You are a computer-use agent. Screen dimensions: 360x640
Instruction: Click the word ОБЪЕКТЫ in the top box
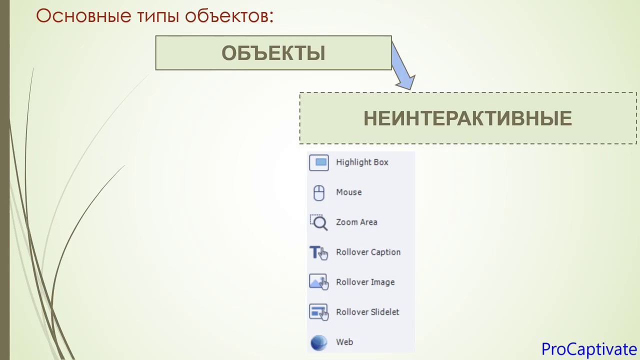[x=273, y=53]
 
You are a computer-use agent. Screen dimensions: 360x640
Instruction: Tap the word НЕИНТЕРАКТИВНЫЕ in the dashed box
[x=467, y=118]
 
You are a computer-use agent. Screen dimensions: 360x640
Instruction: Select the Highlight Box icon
[x=319, y=162]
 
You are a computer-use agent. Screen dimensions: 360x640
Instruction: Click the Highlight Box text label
[x=362, y=162]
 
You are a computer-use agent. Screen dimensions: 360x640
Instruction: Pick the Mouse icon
[x=319, y=192]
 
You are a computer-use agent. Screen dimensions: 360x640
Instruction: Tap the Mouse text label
[x=348, y=192]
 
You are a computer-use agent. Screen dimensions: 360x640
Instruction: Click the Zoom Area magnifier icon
[x=319, y=222]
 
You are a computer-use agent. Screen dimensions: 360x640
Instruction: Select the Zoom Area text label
[x=356, y=222]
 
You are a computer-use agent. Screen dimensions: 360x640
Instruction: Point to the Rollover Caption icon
[x=319, y=252]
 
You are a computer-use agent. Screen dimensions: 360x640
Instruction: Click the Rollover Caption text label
[x=368, y=252]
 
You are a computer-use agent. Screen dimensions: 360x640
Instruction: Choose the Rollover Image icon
[x=319, y=282]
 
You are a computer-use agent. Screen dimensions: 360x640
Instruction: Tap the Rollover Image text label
[x=365, y=282]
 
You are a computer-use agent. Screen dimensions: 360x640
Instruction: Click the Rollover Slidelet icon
[x=319, y=312]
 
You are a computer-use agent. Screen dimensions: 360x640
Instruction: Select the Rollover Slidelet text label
[x=367, y=312]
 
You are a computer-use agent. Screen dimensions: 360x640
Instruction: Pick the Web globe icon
[x=319, y=342]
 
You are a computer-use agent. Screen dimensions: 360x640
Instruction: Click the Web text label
[x=344, y=342]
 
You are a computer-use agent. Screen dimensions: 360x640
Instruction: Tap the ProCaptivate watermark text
[x=588, y=348]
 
